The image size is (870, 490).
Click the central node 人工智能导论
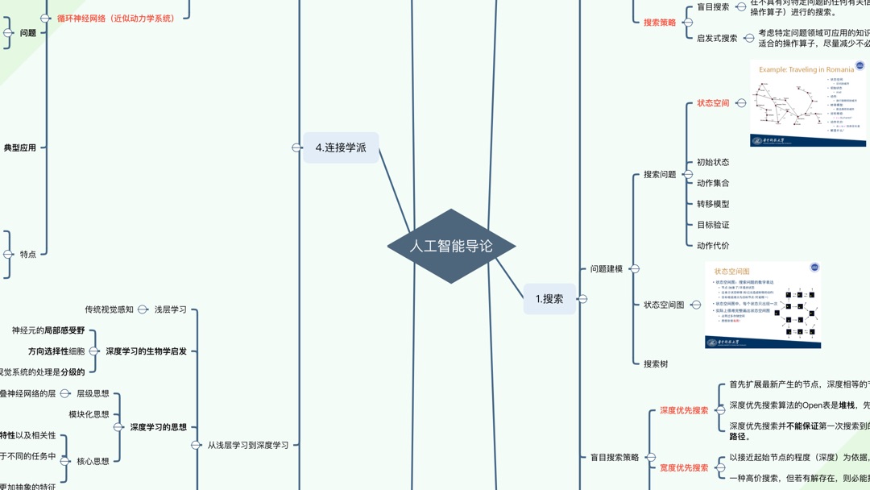pos(451,246)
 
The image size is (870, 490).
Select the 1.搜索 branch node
pos(549,299)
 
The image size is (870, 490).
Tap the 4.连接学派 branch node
pos(341,147)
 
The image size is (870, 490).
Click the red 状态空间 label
pos(713,103)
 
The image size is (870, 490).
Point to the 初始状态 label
pos(713,162)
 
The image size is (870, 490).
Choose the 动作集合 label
pos(713,183)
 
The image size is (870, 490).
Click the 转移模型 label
pos(713,204)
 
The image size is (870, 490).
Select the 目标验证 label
pos(713,225)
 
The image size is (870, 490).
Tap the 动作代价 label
pos(713,246)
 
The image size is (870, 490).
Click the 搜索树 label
pos(656,363)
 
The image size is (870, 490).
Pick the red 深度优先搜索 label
pos(684,410)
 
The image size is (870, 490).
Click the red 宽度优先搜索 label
pos(684,467)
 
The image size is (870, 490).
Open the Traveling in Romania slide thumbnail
pos(808,103)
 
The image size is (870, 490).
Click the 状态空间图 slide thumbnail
pos(763,305)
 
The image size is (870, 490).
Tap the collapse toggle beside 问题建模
pos(634,269)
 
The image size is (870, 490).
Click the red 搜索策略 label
pos(660,23)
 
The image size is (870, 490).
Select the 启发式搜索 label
pos(717,38)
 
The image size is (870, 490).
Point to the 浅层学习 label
pos(171,309)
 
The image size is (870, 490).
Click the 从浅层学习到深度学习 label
pos(248,445)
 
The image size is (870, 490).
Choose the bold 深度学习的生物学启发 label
pos(146,351)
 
